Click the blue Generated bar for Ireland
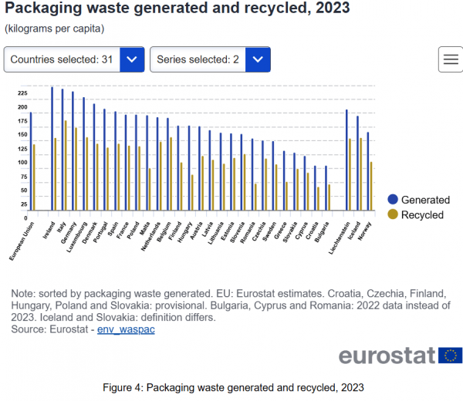(52, 148)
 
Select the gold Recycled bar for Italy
(66, 165)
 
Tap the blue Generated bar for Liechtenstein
(346, 160)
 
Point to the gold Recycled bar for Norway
(371, 186)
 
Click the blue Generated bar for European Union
(31, 161)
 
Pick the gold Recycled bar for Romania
(255, 197)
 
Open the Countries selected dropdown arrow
(132, 59)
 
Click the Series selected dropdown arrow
(258, 59)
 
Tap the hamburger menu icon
(451, 59)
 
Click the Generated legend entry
(419, 200)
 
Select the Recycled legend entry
(416, 215)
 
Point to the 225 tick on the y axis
(22, 93)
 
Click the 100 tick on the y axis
(22, 162)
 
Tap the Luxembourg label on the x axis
(76, 238)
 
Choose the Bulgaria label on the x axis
(321, 232)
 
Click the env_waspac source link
(126, 329)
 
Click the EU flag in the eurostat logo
(451, 356)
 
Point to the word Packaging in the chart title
(43, 8)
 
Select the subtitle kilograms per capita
(55, 29)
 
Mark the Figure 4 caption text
(233, 387)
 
